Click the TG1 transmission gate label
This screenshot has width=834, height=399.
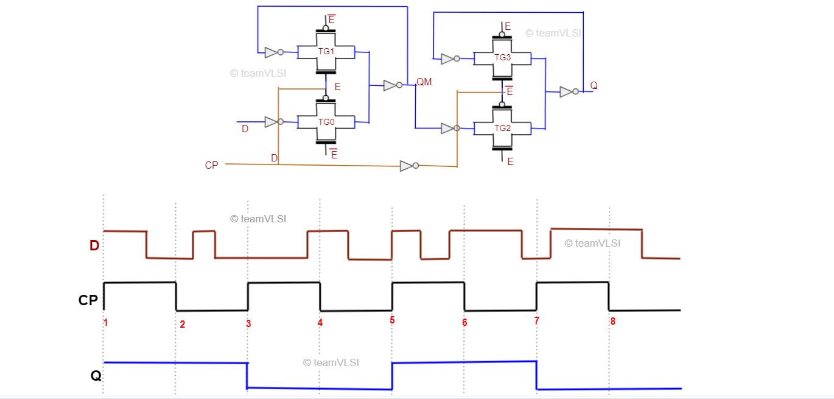pos(326,51)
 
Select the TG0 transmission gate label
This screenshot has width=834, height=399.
pos(326,122)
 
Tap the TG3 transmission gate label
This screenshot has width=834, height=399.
pos(502,57)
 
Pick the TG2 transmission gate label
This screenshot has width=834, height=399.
pos(502,128)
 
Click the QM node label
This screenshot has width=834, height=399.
pos(424,82)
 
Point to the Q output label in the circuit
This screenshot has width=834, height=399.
pos(594,86)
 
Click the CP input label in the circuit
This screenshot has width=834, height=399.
pos(211,165)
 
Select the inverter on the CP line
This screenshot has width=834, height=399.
pos(408,166)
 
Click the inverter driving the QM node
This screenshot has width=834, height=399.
pos(392,85)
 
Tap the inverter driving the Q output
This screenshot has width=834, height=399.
pos(568,92)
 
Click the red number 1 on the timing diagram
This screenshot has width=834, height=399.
pos(106,323)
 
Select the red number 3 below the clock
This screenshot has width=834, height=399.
pos(248,323)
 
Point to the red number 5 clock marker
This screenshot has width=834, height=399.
pos(392,320)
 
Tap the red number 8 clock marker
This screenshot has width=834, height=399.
pos(612,321)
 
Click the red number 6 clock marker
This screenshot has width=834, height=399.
pos(464,322)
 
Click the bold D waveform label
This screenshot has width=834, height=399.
pos(94,245)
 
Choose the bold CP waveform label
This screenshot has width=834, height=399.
pos(88,300)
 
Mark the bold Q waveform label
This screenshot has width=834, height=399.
pos(96,376)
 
